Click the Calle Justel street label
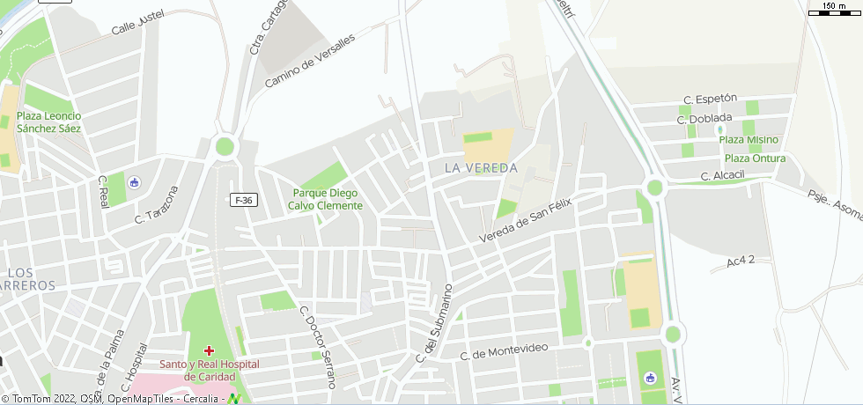tap(138, 24)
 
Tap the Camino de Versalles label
tap(309, 61)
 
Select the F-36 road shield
tap(244, 200)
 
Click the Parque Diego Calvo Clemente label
tap(325, 199)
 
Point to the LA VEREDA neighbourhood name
tap(481, 167)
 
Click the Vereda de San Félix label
tap(526, 221)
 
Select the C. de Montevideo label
tap(504, 351)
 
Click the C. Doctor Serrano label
tap(318, 346)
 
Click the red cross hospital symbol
tap(209, 350)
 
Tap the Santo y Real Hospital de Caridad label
tap(210, 371)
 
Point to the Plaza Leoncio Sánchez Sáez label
tap(49, 121)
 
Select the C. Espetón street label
tap(710, 99)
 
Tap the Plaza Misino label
tap(749, 139)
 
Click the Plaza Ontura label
tap(755, 158)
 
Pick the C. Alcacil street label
tap(723, 176)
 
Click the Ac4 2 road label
tap(741, 261)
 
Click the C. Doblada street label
tap(704, 118)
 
